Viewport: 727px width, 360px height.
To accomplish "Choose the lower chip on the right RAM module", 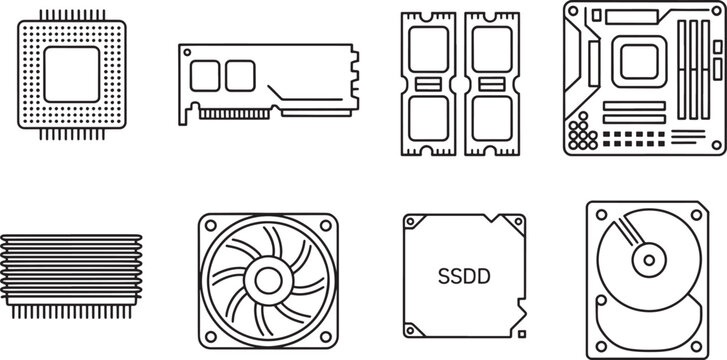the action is pos(490,117).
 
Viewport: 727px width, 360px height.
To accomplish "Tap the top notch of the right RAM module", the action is pos(490,13).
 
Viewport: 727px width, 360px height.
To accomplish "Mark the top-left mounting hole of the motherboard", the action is pos(573,12).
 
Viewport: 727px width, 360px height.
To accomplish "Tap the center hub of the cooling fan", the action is pos(269,279).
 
